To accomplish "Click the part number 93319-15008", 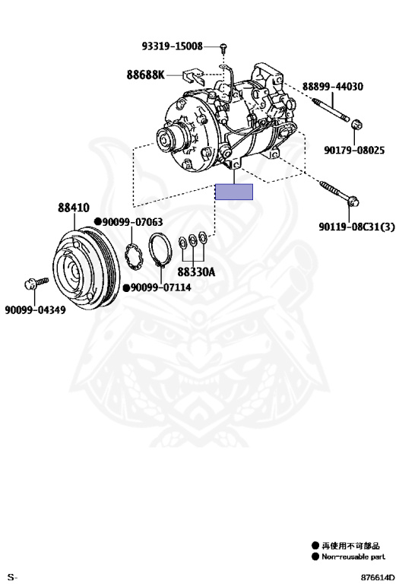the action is coord(172,46).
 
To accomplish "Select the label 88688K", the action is coord(145,75).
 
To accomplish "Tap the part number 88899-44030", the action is coord(332,87).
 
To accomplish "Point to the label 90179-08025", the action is coord(354,150).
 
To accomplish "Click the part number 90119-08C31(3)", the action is coord(356,226).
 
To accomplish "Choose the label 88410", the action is coord(73,208).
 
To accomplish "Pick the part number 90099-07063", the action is coord(132,222).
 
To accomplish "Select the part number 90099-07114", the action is coord(161,287).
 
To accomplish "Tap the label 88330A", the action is coord(196,272).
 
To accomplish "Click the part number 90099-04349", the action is coord(36,310).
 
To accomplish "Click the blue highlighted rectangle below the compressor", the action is coord(234,192).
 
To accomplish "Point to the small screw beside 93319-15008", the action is coord(223,47).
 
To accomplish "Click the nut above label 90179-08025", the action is coord(357,124).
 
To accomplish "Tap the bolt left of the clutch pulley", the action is coord(36,283).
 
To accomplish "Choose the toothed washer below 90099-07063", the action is coord(134,255).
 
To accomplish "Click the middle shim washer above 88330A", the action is coord(194,240).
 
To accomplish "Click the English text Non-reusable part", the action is coord(353,557).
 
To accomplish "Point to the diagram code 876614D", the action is coord(377,577).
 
